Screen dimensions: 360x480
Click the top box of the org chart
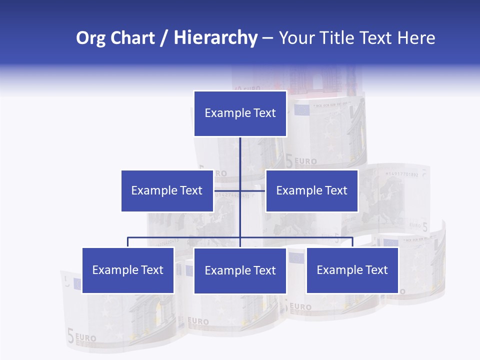click(240, 113)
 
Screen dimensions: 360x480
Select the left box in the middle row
click(167, 190)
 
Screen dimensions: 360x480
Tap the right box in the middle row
click(311, 190)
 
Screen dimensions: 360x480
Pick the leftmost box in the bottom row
click(128, 270)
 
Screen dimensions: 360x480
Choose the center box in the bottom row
click(240, 270)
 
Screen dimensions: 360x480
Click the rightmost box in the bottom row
click(352, 270)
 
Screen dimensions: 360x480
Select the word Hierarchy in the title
click(215, 38)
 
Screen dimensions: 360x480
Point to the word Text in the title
click(377, 38)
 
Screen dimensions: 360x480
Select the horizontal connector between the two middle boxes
click(252, 190)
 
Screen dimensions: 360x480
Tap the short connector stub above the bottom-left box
click(128, 242)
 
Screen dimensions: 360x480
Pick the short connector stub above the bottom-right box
click(352, 242)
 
